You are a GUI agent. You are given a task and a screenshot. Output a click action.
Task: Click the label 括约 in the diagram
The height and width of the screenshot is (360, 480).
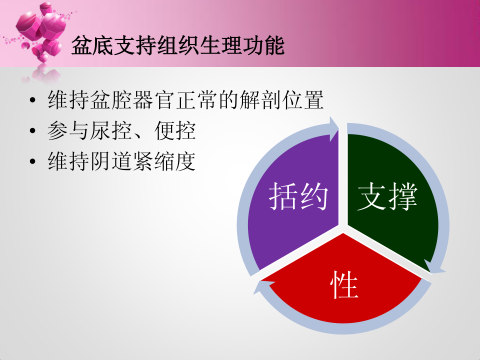coord(298,196)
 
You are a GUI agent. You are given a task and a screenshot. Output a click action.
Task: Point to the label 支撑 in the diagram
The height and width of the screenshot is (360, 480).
coord(387,196)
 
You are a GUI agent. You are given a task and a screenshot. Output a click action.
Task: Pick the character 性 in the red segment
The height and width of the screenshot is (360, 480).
coord(344,285)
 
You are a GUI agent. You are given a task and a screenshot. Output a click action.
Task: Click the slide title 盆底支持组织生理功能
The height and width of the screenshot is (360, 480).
coord(178,46)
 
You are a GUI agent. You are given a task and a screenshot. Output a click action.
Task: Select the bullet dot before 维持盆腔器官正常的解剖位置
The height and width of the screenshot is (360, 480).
coord(33,100)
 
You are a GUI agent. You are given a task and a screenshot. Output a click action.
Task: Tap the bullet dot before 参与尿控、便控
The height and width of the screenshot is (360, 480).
coord(33,130)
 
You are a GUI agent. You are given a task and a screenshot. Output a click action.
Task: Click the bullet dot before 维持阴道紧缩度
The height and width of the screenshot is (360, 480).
coord(33,161)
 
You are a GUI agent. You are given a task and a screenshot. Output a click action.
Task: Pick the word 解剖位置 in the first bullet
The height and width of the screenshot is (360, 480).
coord(281,100)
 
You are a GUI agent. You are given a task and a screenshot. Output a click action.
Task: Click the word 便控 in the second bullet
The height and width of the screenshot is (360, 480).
coord(175,130)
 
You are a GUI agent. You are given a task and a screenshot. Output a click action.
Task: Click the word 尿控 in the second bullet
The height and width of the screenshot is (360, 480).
coord(111,130)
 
